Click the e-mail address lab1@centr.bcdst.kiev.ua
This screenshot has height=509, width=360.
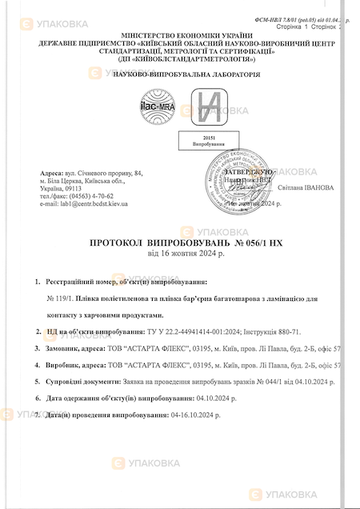click(x=84, y=203)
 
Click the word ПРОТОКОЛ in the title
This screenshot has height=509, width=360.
click(x=121, y=241)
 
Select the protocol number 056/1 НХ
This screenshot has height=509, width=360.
click(x=254, y=241)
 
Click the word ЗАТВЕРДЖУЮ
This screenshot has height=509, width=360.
click(x=252, y=171)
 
